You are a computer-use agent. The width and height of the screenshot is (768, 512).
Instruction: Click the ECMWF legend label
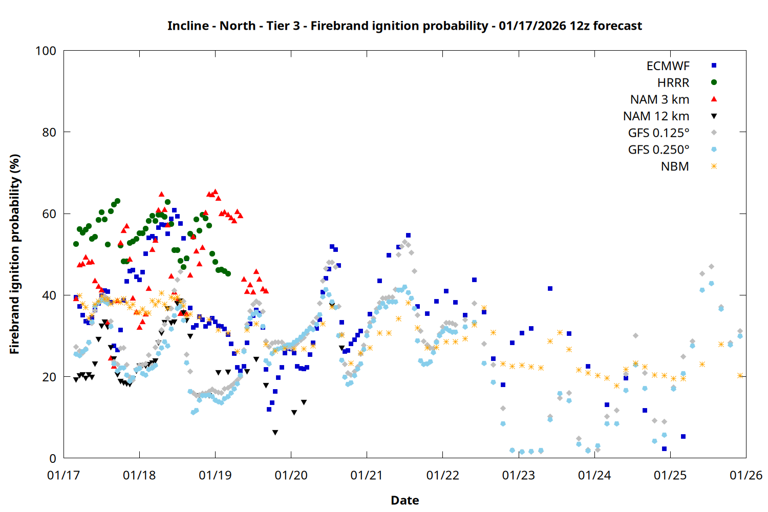668,66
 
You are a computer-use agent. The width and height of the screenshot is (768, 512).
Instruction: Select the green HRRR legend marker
714,82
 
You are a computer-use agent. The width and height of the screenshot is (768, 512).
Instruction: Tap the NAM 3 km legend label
659,99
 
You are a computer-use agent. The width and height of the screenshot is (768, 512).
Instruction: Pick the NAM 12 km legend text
656,116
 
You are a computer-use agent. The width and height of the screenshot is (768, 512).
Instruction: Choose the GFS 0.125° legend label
658,133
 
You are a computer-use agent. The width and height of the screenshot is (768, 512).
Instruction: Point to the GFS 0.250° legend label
658,150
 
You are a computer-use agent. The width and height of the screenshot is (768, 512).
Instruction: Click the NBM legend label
675,167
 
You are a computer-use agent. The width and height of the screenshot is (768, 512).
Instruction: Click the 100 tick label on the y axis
46,51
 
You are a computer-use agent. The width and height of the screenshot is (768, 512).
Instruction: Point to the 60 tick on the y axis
49,214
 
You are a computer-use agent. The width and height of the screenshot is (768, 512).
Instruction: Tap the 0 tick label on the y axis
53,459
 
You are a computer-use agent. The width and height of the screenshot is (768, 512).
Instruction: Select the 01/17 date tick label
63,476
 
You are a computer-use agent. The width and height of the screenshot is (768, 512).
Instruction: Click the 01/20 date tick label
291,476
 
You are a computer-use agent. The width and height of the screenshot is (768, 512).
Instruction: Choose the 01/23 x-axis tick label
519,476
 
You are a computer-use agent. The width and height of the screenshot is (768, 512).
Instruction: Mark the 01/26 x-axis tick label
746,476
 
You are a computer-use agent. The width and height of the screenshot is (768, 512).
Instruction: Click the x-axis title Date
404,500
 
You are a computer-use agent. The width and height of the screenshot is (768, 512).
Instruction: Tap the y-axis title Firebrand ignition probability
15,254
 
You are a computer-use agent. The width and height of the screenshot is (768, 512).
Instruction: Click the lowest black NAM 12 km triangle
275,433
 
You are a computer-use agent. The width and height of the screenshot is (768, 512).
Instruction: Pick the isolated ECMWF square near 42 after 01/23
550,289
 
